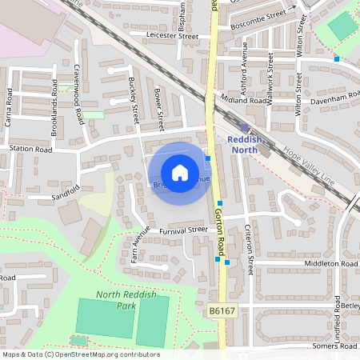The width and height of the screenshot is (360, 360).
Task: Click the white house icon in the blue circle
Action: coord(180,172)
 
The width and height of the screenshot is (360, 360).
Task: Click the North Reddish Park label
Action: coord(121,299)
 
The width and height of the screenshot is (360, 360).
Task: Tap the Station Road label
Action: coord(30,149)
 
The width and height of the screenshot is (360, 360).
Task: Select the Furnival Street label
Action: coord(182,230)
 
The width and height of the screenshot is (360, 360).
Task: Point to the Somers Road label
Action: coord(335,346)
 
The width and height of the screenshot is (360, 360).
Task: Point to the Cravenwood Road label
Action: coord(78,94)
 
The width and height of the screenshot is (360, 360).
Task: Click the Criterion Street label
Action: coord(250,247)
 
